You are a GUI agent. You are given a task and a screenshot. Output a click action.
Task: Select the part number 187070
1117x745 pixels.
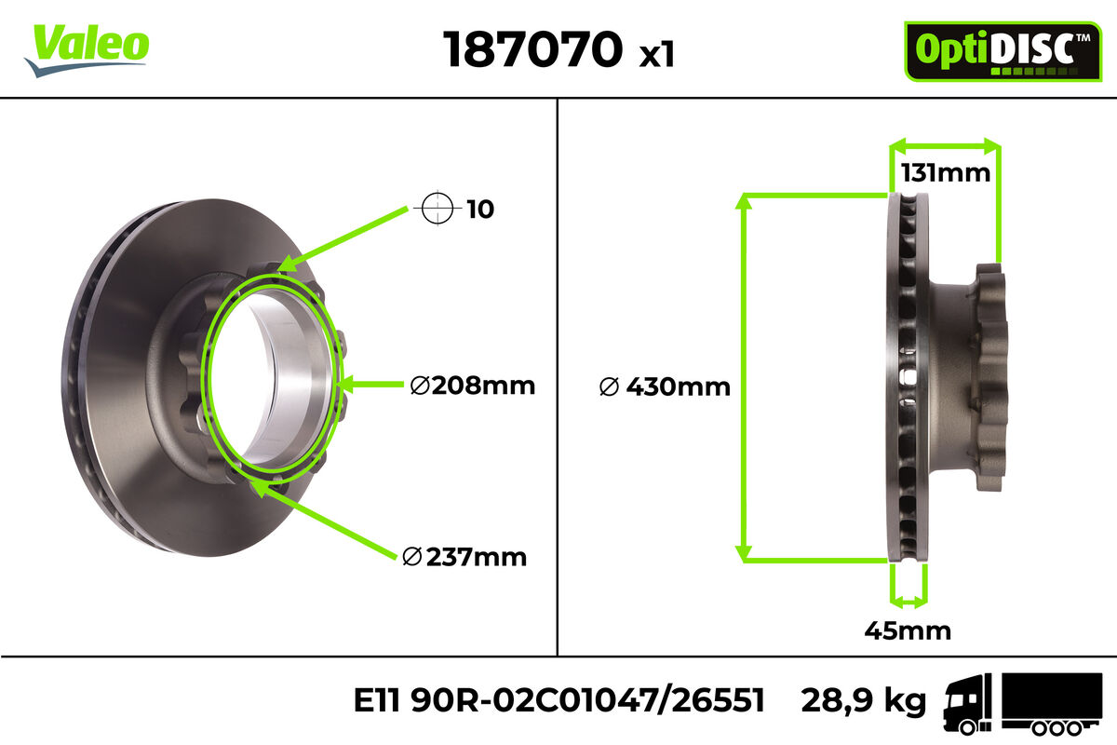[x=532, y=49]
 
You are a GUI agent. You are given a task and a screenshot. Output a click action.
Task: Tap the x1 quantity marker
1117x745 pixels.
[x=656, y=55]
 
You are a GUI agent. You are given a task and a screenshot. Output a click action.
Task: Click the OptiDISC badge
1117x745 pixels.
[x=1003, y=51]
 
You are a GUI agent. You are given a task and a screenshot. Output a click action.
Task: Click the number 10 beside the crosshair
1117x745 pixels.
[x=479, y=210]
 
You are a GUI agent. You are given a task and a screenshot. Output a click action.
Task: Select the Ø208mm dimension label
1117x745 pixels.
[x=473, y=385]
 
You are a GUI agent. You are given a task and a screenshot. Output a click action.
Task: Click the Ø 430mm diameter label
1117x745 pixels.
[x=665, y=386]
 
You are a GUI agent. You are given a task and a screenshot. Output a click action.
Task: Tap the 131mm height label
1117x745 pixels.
[x=945, y=173]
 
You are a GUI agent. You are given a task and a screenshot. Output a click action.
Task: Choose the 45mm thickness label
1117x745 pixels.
[x=908, y=630]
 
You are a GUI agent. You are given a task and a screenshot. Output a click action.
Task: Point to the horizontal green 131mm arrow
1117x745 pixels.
[x=945, y=145]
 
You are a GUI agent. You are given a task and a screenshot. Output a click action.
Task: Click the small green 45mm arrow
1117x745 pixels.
[x=908, y=597]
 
